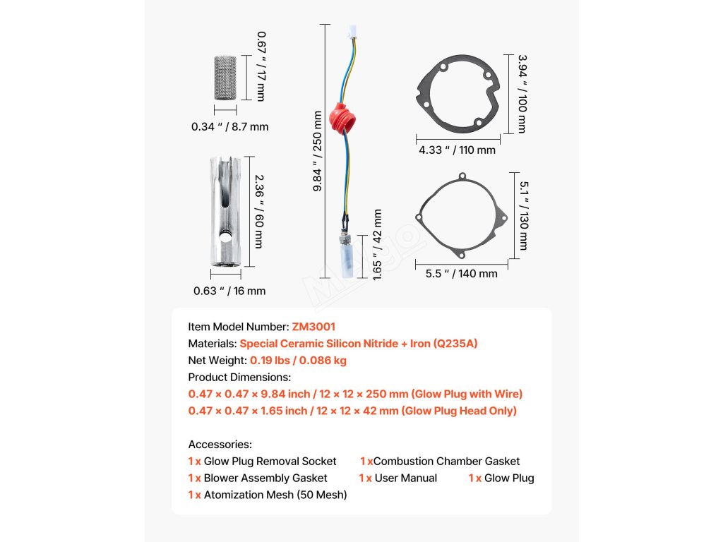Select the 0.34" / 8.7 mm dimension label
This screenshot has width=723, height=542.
click(x=229, y=127)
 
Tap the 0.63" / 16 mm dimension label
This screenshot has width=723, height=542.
click(x=229, y=291)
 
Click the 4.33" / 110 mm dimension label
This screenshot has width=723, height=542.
click(x=457, y=150)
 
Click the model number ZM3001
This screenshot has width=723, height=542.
click(x=313, y=327)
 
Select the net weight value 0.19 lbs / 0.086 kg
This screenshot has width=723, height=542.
click(x=298, y=360)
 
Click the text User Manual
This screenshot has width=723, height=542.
click(x=406, y=478)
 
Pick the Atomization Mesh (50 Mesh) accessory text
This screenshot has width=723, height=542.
click(x=275, y=495)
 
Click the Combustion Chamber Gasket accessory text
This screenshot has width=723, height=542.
click(x=446, y=461)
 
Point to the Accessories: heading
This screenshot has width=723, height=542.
click(x=220, y=445)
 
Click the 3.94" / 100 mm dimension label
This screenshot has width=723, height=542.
click(x=521, y=94)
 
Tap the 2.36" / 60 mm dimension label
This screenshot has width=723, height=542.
click(x=258, y=211)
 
